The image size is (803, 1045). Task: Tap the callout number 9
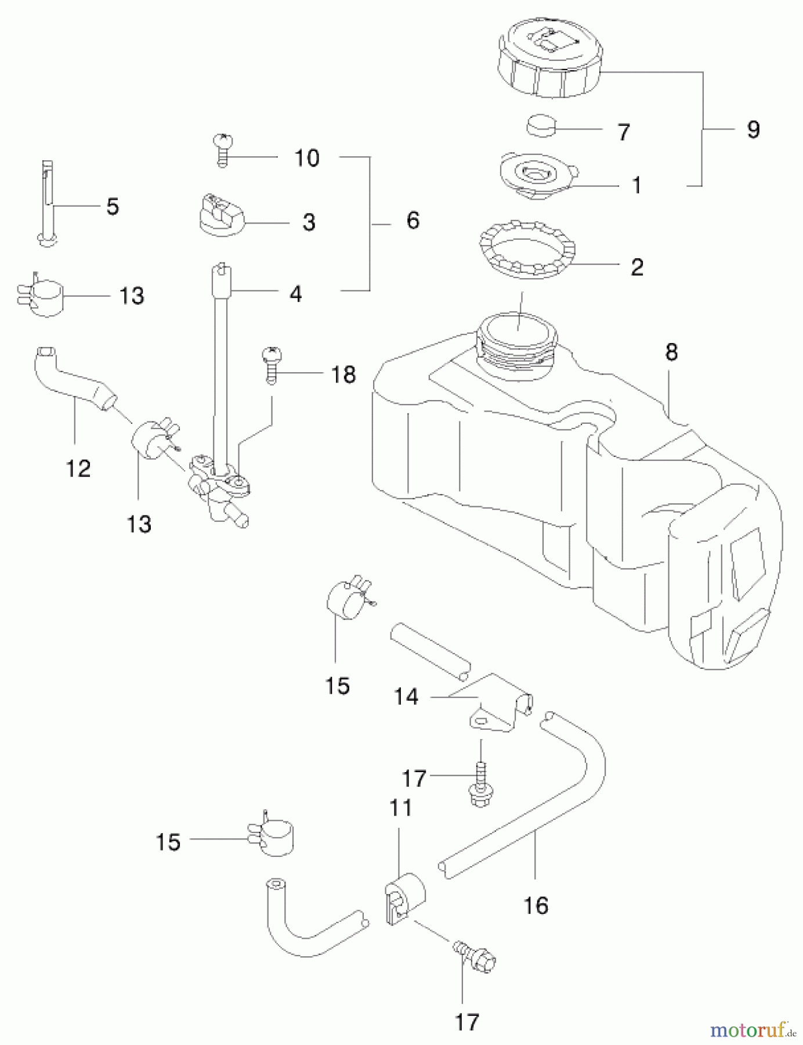click(753, 129)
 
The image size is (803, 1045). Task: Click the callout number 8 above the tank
click(671, 352)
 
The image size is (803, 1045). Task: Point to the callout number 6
click(413, 221)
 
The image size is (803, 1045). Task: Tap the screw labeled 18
click(271, 364)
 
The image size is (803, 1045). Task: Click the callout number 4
click(296, 294)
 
